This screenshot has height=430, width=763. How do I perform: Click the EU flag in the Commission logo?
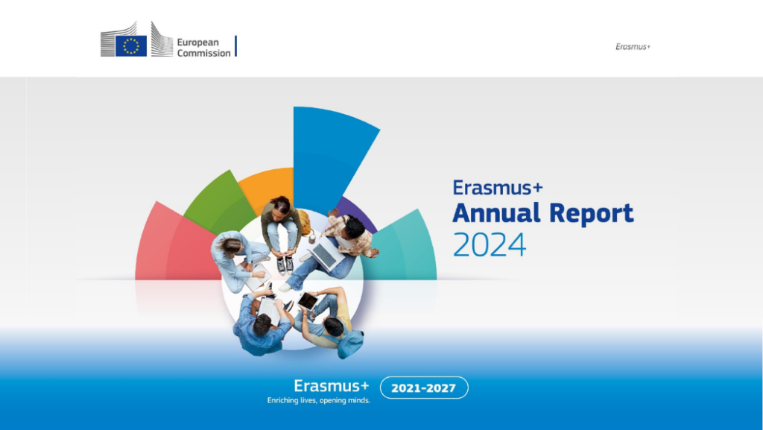[x=131, y=46]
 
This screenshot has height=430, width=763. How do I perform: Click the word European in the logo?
[x=198, y=42]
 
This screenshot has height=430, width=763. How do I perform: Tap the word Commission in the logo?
[x=204, y=53]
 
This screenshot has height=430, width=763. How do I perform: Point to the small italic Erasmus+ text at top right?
[x=633, y=47]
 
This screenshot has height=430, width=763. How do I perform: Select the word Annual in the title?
[x=496, y=213]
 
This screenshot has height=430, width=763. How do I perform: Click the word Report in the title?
[x=591, y=214]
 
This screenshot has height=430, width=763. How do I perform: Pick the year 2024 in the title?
[x=490, y=244]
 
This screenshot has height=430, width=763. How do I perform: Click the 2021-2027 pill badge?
[x=424, y=388]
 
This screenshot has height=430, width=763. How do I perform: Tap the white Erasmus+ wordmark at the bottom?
[x=332, y=386]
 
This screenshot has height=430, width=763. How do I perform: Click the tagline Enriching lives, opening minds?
[x=319, y=400]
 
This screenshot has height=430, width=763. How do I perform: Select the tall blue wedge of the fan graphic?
[x=331, y=151]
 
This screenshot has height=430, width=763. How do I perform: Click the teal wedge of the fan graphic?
[x=404, y=248]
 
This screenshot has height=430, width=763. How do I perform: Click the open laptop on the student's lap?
[x=325, y=256]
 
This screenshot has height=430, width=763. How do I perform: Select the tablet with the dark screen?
[x=308, y=301]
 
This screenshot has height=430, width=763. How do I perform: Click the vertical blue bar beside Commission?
[x=236, y=46]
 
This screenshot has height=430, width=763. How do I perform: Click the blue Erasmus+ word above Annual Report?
[x=497, y=188]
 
